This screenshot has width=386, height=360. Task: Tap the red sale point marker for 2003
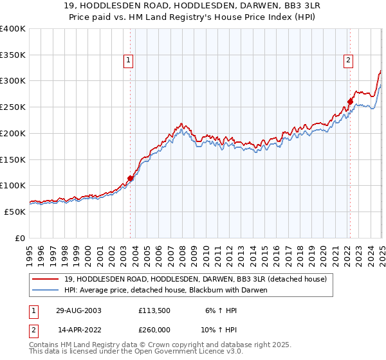[x=131, y=178]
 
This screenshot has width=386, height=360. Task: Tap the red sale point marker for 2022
[x=350, y=101]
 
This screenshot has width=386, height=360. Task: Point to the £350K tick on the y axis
[x=13, y=55]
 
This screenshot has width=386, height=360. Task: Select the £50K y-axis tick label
[x=15, y=212]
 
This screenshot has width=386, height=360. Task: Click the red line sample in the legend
[x=47, y=279]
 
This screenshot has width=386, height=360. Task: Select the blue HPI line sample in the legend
[x=47, y=290]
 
